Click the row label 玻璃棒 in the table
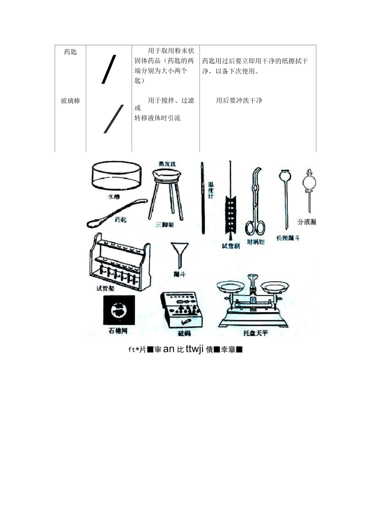[70, 101]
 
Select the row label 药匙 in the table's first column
[70, 52]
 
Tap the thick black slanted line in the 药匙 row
[109, 70]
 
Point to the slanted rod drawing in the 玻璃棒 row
[114, 119]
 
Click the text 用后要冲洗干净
[239, 101]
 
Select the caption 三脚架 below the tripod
[164, 225]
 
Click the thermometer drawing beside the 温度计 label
[203, 197]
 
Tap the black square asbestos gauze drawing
[119, 310]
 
